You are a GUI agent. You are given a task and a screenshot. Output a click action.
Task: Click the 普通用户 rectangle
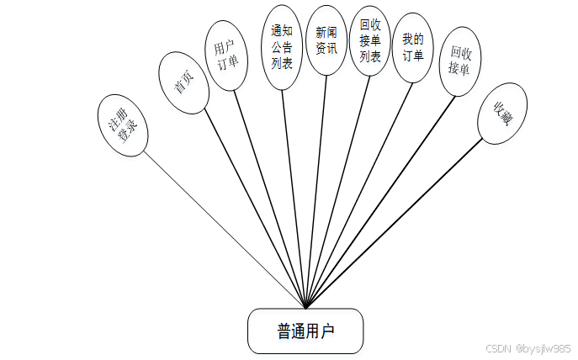305,331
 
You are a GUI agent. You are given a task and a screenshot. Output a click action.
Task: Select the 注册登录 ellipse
123,124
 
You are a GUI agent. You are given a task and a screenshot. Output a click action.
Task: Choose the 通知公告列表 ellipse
282,46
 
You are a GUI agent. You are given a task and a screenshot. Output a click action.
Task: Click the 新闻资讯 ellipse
326,40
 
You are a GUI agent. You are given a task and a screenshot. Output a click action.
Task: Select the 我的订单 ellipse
412,47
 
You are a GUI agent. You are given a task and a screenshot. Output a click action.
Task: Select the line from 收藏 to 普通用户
395,223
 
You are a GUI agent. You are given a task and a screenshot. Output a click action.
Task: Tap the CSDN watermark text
528,348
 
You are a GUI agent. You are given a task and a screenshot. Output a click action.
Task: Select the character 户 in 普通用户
327,331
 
